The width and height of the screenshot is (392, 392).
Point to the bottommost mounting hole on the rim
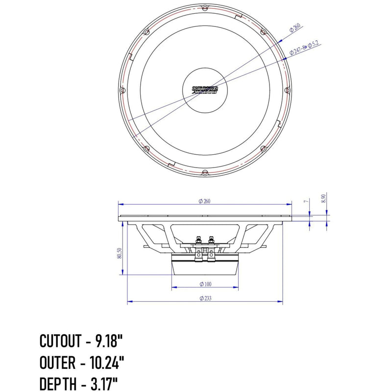tap(205, 172)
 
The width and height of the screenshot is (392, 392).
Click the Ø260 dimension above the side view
tap(204, 201)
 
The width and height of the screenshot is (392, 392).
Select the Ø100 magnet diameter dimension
tap(205, 284)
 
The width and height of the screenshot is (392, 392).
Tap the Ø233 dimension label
tap(205, 298)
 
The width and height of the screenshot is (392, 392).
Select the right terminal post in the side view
tap(211, 240)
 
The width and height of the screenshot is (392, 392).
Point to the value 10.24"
tap(107, 363)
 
